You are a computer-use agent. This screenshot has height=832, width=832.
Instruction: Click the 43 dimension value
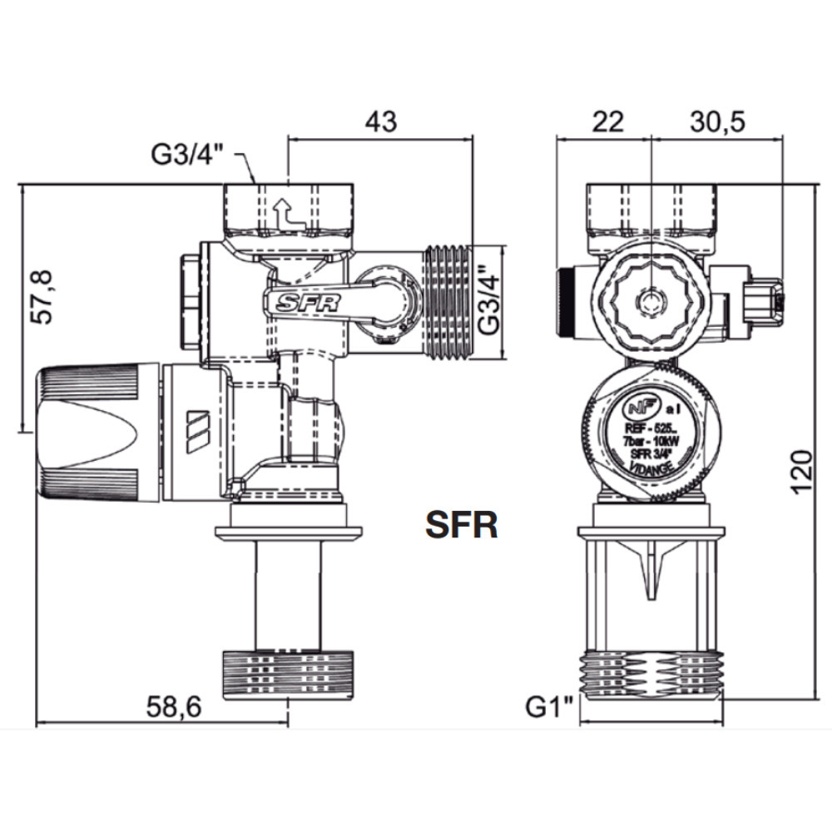pos(381,121)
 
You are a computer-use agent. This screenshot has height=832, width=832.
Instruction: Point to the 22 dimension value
pos(607,121)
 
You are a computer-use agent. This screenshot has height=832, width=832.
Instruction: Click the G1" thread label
pos(550,709)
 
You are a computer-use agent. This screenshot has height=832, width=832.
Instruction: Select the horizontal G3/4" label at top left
pos(187,154)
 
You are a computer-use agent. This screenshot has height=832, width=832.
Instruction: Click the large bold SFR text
pos(462,526)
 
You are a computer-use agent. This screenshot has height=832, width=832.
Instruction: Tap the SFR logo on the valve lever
pos(309,303)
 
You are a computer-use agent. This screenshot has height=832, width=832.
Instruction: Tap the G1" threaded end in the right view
pos(653,671)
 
